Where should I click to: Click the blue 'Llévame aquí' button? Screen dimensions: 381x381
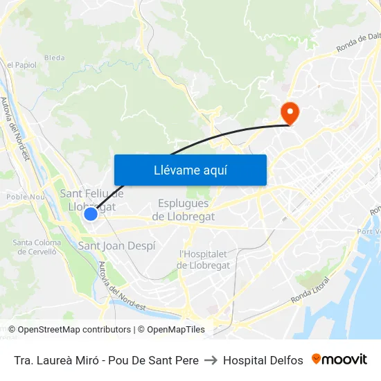(190, 170)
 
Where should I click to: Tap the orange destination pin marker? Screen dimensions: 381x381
(289, 113)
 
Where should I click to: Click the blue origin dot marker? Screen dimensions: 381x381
(90, 214)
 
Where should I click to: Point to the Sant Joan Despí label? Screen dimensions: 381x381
(116, 246)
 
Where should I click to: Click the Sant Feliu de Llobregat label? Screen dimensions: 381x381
(92, 200)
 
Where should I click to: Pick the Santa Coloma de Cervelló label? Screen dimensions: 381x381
(37, 247)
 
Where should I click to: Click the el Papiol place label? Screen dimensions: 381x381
(21, 65)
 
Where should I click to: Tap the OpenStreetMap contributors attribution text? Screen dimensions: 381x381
(69, 330)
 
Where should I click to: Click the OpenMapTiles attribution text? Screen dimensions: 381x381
(175, 330)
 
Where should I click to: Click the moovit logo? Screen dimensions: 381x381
(339, 360)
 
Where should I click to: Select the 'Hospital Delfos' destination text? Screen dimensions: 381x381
(263, 360)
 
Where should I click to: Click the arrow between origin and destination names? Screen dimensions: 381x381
(211, 360)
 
